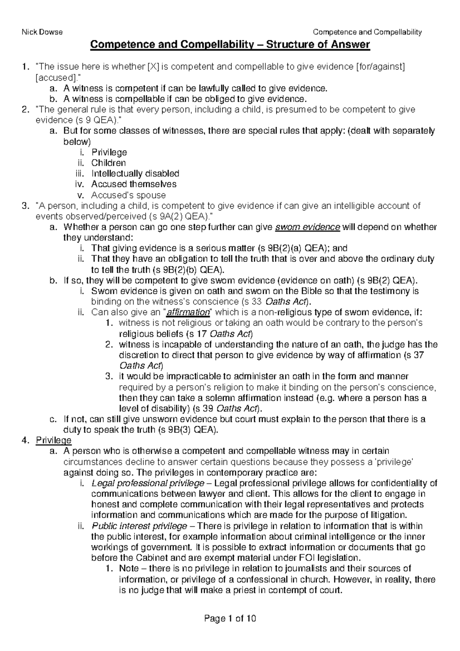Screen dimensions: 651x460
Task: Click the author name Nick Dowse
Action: [x=42, y=32]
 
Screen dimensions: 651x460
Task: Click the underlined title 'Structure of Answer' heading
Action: [x=230, y=45]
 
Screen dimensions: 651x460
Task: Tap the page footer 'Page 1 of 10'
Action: [x=230, y=618]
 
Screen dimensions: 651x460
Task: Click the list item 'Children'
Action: [x=108, y=163]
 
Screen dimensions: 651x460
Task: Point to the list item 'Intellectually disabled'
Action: [x=135, y=173]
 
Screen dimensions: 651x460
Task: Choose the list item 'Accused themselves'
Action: [x=134, y=184]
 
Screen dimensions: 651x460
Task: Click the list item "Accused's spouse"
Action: [x=128, y=195]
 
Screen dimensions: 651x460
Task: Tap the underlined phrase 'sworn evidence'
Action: [x=307, y=227]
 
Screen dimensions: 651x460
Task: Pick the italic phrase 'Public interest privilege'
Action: [x=140, y=526]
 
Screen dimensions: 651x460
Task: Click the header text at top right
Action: [x=367, y=32]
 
